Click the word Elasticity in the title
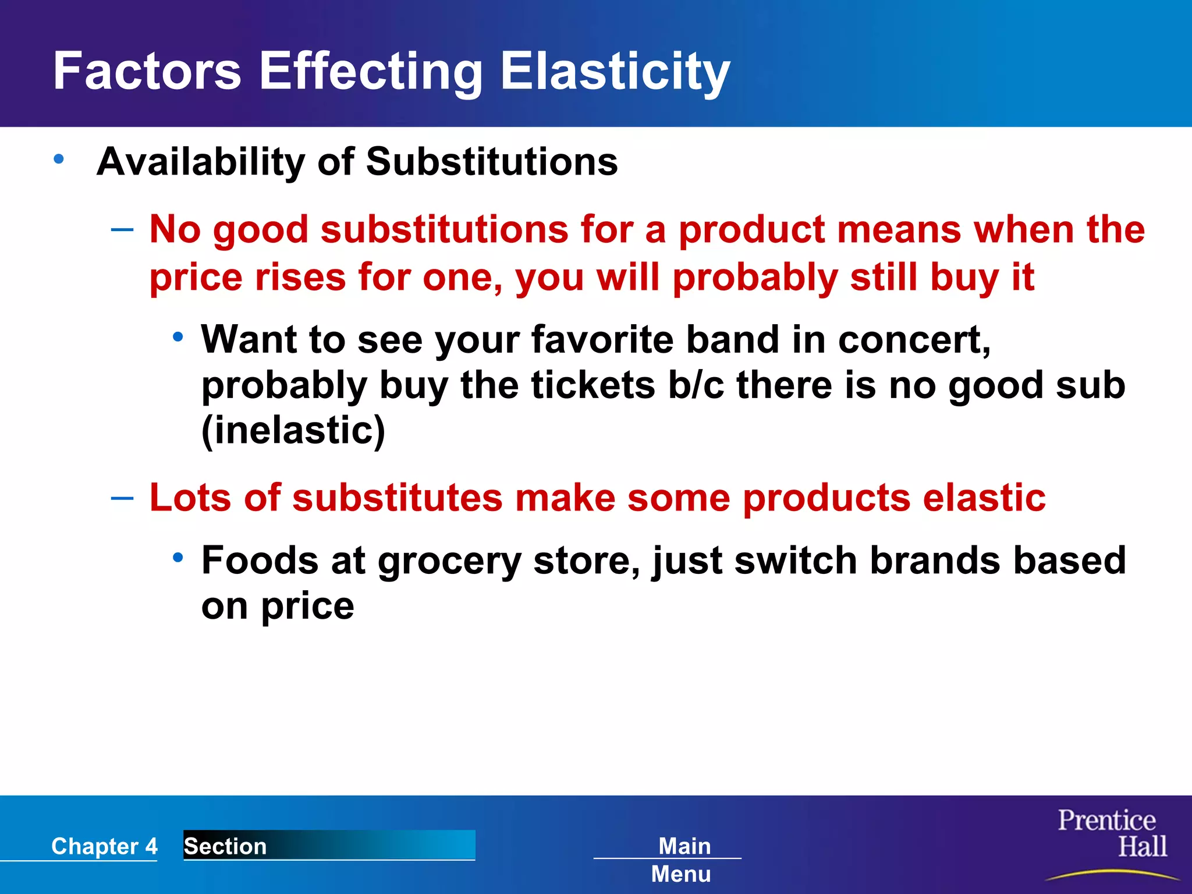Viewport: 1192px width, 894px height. click(x=615, y=71)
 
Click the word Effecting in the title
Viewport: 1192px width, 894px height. click(x=370, y=71)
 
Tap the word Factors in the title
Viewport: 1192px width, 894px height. click(x=147, y=71)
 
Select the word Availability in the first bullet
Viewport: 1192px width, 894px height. click(x=200, y=162)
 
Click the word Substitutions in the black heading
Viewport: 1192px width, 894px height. click(x=491, y=162)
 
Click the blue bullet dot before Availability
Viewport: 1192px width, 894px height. click(x=58, y=158)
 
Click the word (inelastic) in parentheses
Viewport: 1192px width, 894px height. click(x=293, y=431)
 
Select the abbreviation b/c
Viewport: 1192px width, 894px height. click(x=696, y=385)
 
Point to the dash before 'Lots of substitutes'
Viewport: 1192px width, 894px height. click(x=122, y=498)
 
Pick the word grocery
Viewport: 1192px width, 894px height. click(x=449, y=561)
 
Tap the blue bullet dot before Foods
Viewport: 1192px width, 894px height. click(x=178, y=558)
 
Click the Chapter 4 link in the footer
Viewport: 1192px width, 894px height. click(x=104, y=846)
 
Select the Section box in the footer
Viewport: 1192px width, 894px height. click(x=329, y=845)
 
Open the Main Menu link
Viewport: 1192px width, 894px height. click(x=682, y=859)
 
